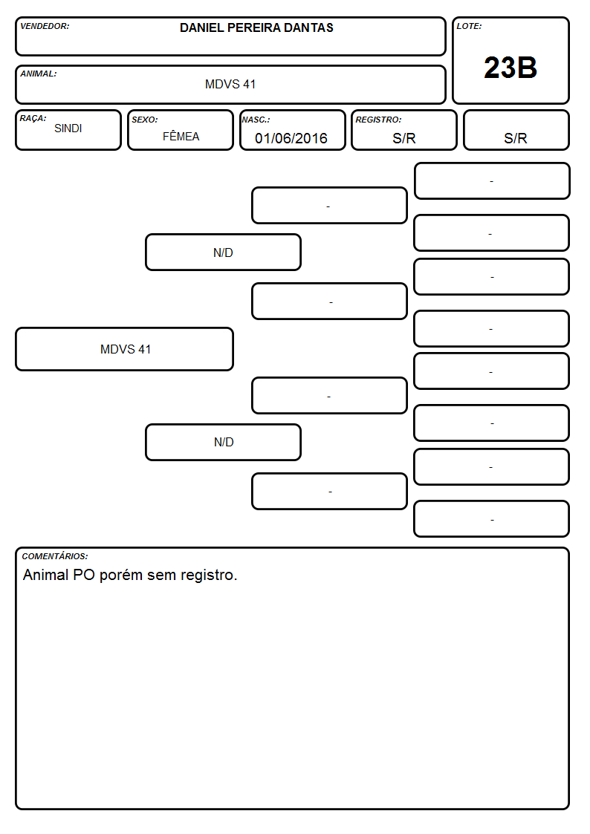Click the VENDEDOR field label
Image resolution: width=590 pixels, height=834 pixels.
(45, 26)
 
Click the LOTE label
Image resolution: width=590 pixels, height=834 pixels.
(469, 26)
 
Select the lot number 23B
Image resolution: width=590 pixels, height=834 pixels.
(510, 68)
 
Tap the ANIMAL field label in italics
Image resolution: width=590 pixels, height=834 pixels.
(39, 74)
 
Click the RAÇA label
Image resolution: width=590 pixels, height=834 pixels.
(33, 118)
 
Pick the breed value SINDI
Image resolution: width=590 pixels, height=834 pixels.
(68, 128)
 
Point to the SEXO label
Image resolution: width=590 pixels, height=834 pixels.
(145, 120)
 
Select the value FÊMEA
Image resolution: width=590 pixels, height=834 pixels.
(181, 136)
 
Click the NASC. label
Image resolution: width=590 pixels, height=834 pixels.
(256, 120)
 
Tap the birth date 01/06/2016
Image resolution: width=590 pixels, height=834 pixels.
(291, 138)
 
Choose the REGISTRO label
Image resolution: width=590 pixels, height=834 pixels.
(378, 120)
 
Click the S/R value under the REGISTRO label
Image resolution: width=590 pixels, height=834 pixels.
(403, 138)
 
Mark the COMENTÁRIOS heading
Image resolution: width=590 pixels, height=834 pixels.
(55, 556)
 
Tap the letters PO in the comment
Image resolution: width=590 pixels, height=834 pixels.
(83, 575)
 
